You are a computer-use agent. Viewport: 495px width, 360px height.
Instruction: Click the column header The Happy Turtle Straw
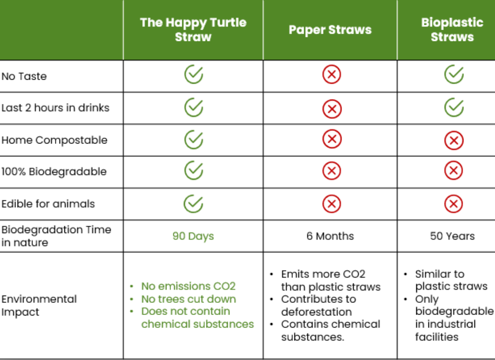tap(193, 30)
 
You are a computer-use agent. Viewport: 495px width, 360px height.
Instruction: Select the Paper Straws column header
tap(330, 30)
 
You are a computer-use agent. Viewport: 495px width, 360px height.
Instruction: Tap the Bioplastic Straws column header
tap(452, 30)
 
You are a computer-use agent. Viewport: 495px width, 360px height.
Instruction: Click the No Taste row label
tap(24, 76)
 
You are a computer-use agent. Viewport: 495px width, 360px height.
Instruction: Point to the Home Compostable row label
tap(54, 140)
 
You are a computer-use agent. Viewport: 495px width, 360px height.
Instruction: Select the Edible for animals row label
tap(48, 204)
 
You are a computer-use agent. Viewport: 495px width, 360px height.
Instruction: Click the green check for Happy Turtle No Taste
tap(193, 75)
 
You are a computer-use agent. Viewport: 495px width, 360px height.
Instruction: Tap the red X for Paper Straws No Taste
tap(332, 75)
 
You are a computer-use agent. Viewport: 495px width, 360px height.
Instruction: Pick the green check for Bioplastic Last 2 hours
tap(454, 108)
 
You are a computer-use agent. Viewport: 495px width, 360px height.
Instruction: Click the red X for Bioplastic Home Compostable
tap(454, 140)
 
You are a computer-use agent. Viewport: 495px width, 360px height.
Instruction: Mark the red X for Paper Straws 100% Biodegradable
tap(332, 171)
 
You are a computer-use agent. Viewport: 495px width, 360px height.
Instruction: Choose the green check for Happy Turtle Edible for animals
tap(193, 204)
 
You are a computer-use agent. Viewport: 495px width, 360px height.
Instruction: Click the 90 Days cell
tap(193, 236)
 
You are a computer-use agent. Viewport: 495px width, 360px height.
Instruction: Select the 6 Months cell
tap(330, 236)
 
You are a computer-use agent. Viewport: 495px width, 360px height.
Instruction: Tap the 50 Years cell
tap(452, 236)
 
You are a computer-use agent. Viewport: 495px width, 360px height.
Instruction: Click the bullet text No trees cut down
tap(189, 299)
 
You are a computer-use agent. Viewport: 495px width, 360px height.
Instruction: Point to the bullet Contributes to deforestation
tap(319, 306)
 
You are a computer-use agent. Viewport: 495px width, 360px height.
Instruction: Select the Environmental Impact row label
tap(39, 306)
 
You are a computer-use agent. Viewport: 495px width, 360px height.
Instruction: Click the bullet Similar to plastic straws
tap(451, 280)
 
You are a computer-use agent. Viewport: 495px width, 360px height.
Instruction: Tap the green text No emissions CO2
tap(188, 286)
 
